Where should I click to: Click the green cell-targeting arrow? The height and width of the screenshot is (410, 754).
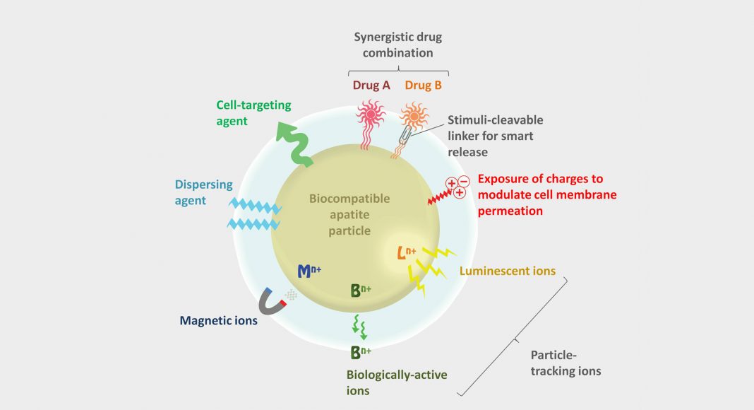289,146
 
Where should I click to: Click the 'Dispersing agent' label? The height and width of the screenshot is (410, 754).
204,193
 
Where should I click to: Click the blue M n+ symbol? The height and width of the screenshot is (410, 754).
309,269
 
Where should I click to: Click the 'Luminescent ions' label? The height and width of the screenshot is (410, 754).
507,271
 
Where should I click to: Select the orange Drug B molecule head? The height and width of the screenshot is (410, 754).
412,114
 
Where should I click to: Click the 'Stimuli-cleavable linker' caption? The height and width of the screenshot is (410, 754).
498,136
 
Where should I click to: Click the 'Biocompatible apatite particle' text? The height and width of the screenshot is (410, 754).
349,214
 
